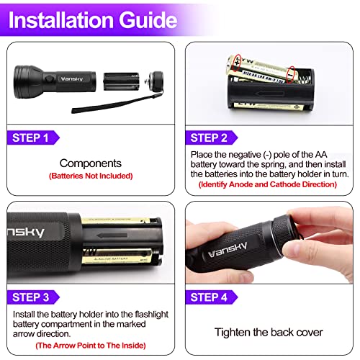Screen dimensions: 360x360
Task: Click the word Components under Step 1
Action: pyautogui.click(x=91, y=163)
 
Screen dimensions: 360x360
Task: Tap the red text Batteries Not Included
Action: pyautogui.click(x=91, y=176)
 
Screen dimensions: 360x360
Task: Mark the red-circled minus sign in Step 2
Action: pyautogui.click(x=291, y=73)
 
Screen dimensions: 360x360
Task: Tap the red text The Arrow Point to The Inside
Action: pyautogui.click(x=90, y=344)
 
